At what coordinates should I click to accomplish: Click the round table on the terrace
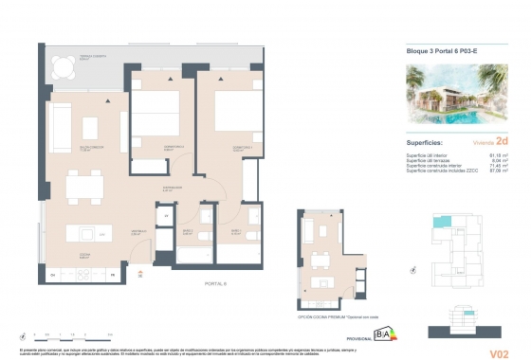64,67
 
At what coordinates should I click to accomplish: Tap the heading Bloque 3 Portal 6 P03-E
435,51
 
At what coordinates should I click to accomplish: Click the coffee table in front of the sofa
92,127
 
